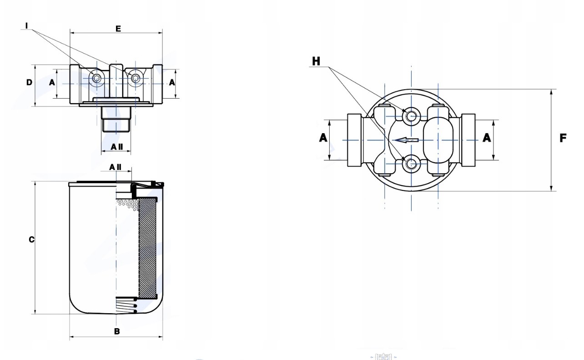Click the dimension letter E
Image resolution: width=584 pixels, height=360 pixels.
(x=118, y=29)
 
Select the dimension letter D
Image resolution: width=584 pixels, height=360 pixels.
(x=29, y=83)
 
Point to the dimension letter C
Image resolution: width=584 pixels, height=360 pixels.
(x=31, y=240)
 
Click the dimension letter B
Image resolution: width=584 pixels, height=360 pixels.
(x=117, y=331)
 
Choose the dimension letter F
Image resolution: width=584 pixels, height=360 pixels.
(x=563, y=138)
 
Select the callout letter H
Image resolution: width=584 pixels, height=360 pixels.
(x=316, y=60)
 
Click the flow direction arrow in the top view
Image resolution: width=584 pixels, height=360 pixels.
(x=406, y=140)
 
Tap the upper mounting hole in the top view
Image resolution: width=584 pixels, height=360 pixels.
(x=412, y=115)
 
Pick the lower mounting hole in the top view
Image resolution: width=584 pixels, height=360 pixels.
(x=412, y=163)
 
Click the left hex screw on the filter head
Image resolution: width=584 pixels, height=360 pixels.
(x=96, y=79)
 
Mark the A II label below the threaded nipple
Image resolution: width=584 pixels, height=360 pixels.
(x=117, y=147)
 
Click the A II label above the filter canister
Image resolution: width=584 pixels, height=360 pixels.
(x=115, y=167)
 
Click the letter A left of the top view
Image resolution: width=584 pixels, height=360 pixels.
(x=323, y=138)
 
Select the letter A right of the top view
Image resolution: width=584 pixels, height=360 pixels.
(x=487, y=138)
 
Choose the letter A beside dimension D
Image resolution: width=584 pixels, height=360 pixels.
(x=52, y=83)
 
